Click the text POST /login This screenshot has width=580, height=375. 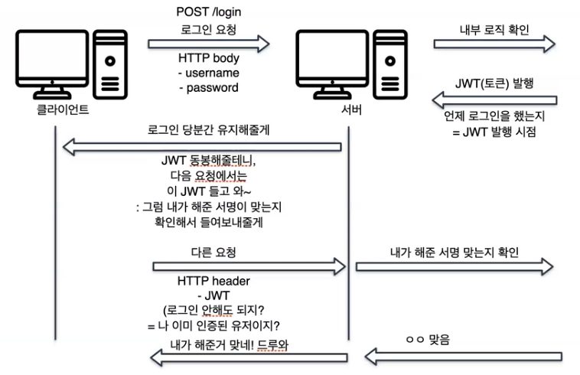point(209,11)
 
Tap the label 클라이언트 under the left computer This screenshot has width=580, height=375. point(63,109)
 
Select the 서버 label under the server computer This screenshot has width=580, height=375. point(351,109)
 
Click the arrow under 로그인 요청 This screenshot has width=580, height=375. point(209,44)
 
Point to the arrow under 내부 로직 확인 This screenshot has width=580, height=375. point(494,44)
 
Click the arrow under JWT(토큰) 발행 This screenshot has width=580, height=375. point(494,99)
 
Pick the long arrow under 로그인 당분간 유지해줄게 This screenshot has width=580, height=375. point(202,147)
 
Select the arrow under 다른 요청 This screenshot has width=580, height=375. point(249,266)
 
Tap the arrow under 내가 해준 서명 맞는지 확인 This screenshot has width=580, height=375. point(455,266)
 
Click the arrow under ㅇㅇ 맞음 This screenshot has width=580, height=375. point(463,357)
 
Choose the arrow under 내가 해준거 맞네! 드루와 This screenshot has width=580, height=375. point(249,357)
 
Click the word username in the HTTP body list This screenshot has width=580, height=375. point(212,73)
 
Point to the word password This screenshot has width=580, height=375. point(212,88)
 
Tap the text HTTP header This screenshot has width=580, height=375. point(213,281)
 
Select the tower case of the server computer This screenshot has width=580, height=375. point(390,65)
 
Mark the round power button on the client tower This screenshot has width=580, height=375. point(110,61)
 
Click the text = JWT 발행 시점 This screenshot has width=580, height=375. point(494,132)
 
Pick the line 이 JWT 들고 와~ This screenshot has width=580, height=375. point(209,191)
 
